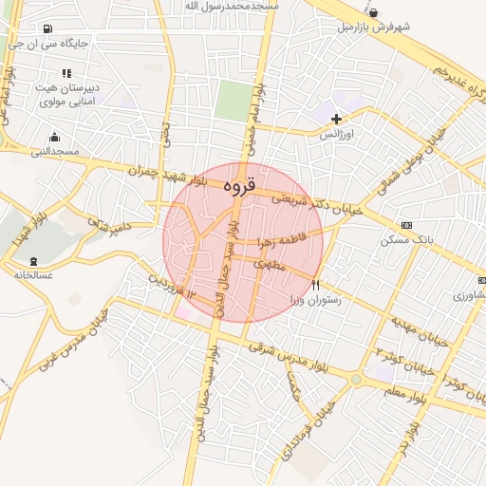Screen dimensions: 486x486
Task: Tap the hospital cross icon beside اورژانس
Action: point(336,118)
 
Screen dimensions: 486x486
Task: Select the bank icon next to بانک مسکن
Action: point(407,225)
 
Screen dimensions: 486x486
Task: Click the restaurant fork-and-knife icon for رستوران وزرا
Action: point(316,284)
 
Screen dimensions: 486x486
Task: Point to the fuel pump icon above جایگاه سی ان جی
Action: point(47,28)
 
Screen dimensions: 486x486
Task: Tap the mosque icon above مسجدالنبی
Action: point(54,137)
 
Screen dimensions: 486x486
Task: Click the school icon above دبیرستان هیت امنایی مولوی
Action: point(66,72)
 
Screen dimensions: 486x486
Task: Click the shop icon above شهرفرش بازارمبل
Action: point(374,12)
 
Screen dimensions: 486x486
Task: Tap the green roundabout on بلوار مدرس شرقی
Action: point(356,379)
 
